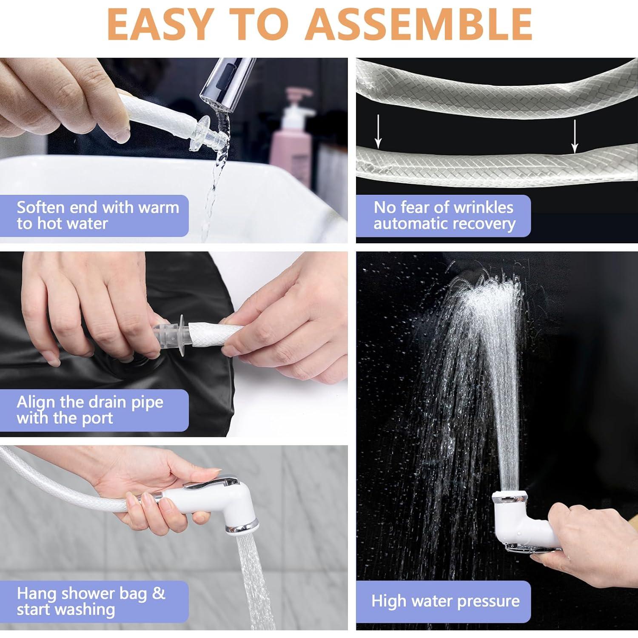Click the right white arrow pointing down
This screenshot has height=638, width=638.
pos(575,136)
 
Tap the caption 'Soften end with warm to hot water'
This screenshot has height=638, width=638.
pos(98,216)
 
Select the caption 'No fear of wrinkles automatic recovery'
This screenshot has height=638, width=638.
pos(444,216)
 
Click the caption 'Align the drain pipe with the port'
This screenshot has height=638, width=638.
pos(90,410)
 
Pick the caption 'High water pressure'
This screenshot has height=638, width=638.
pos(445,601)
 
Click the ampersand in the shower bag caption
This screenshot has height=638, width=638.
pos(158,593)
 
